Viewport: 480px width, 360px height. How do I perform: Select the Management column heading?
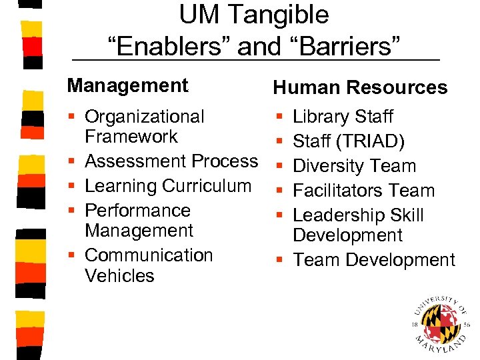coord(128,85)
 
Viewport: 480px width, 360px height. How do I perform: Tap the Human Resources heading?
coord(360,87)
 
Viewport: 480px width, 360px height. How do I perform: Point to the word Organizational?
coord(145,117)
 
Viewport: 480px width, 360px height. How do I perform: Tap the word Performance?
coord(138,211)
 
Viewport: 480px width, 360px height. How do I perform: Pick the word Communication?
coord(149,255)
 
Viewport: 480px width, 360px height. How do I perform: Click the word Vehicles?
coord(119,275)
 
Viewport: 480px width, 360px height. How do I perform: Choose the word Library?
coord(323,117)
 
